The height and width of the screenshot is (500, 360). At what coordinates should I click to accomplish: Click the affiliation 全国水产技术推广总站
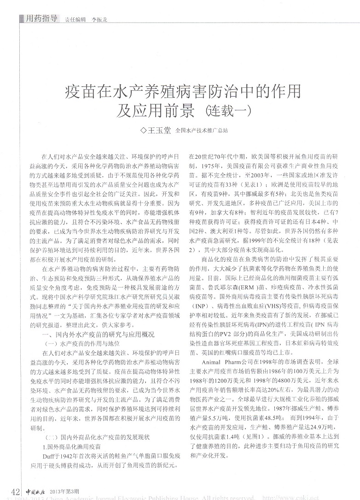point(202,131)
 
